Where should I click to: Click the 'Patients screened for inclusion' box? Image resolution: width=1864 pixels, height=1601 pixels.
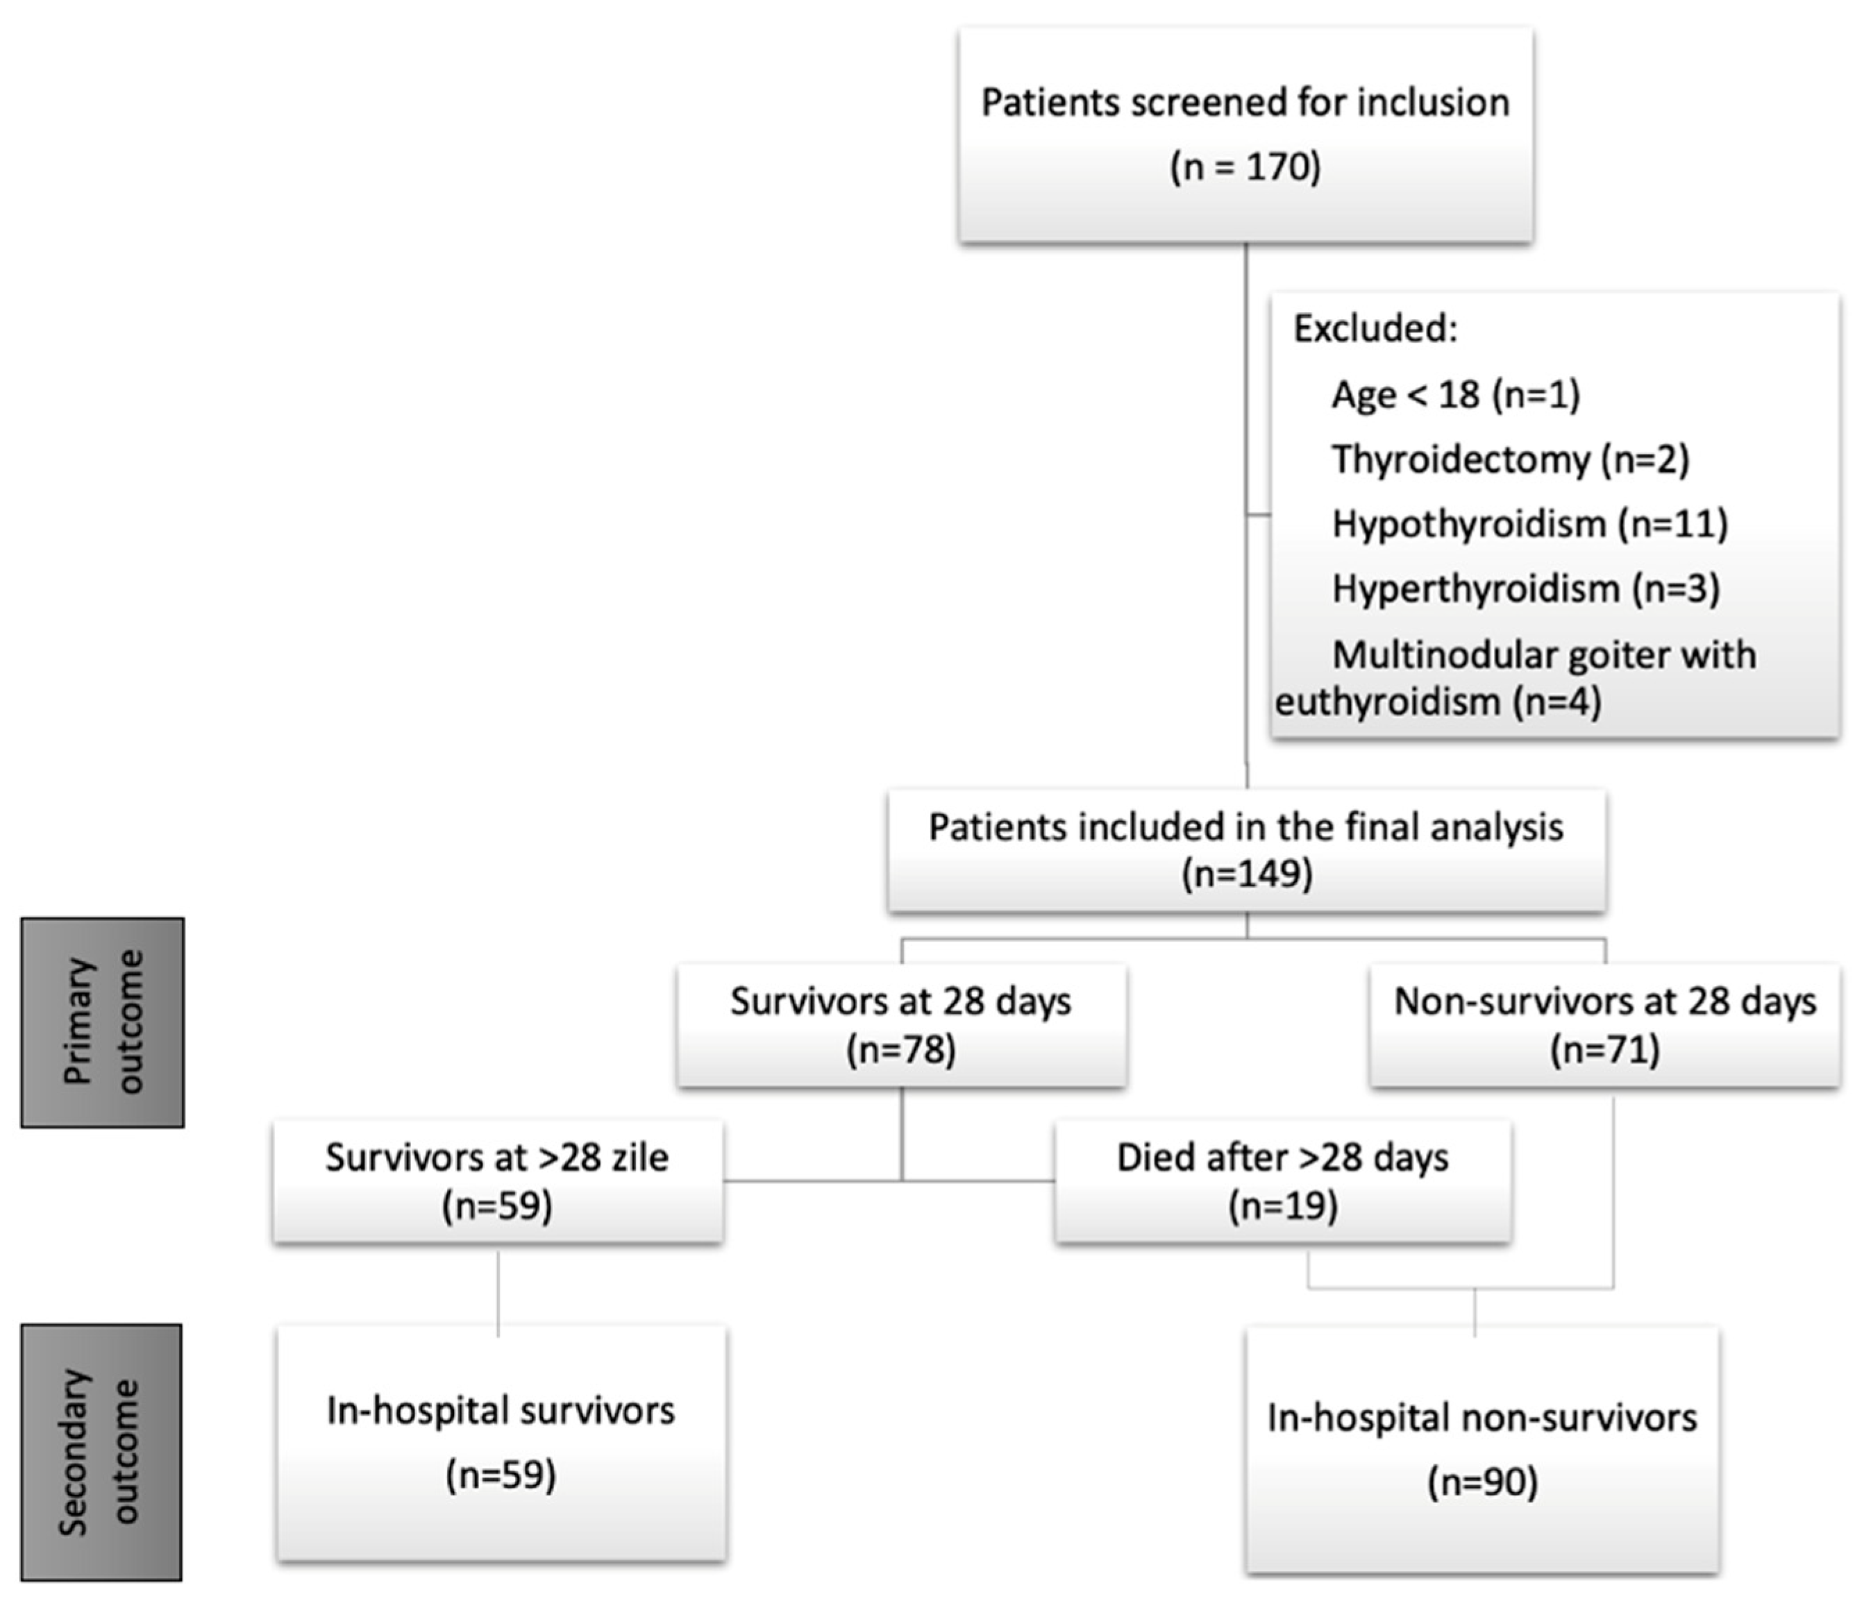(1246, 135)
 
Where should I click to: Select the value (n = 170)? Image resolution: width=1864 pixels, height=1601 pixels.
(1246, 167)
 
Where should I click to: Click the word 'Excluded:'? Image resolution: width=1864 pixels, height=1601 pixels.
(1375, 329)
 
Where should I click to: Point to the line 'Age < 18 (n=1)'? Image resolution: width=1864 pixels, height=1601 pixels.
(1456, 394)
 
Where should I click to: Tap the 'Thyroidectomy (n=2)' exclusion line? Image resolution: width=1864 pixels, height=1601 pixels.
(1511, 459)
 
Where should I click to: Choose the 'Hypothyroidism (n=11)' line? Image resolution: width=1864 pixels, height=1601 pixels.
(1530, 523)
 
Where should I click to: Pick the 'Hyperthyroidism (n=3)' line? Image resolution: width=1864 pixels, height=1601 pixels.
(1526, 589)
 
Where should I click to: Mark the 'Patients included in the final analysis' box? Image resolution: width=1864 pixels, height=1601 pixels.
(1247, 851)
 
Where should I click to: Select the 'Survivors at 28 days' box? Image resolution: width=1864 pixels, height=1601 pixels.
(901, 1026)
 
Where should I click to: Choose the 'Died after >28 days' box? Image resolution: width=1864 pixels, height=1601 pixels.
(1283, 1182)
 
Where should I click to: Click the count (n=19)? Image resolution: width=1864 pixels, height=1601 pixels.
(1283, 1205)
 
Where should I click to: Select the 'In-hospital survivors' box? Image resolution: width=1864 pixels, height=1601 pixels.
(501, 1443)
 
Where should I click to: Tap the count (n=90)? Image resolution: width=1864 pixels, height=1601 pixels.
(1483, 1482)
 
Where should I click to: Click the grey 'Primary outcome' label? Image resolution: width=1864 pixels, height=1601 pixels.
(103, 1023)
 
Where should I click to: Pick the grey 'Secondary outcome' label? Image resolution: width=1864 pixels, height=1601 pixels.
(101, 1452)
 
